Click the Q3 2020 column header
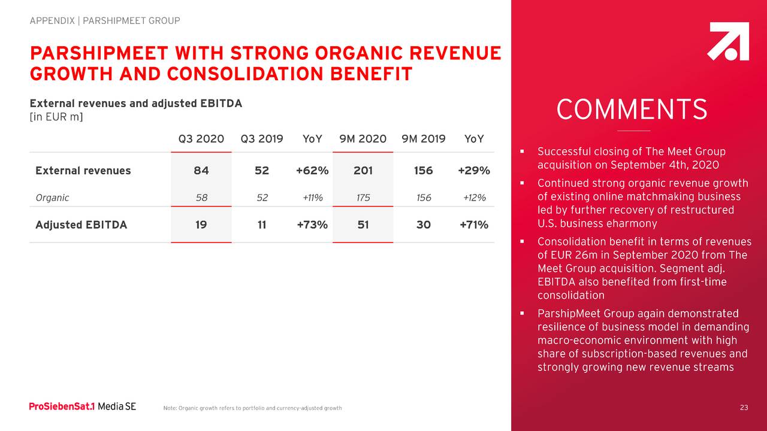[201, 139]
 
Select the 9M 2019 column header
[423, 139]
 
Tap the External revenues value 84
[201, 171]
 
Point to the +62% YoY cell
[312, 171]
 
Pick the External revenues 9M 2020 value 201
[363, 171]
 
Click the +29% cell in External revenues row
[473, 171]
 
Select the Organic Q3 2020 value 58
[201, 198]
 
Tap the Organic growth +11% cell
[312, 198]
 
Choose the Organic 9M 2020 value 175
[363, 198]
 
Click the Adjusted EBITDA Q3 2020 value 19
[201, 225]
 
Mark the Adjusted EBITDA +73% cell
[312, 225]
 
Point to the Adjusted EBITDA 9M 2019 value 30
[423, 225]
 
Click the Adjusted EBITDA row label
[81, 225]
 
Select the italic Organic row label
[52, 198]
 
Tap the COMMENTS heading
[632, 110]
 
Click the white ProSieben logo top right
[729, 41]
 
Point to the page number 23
[744, 408]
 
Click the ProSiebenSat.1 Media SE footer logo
[83, 407]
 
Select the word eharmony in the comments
[633, 224]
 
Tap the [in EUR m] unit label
[56, 116]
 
